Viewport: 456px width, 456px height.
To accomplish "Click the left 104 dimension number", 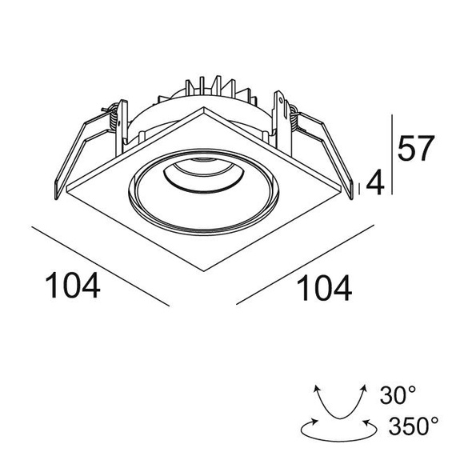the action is pos(73,286).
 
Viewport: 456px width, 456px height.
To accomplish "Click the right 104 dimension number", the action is pos(324,288).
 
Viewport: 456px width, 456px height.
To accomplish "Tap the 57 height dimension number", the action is pos(416,149).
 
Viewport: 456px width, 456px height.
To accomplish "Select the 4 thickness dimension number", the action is pos(375,182).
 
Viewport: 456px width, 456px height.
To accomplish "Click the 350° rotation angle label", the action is pos(414,426).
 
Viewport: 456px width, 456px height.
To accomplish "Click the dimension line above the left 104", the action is pos(101,266).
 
